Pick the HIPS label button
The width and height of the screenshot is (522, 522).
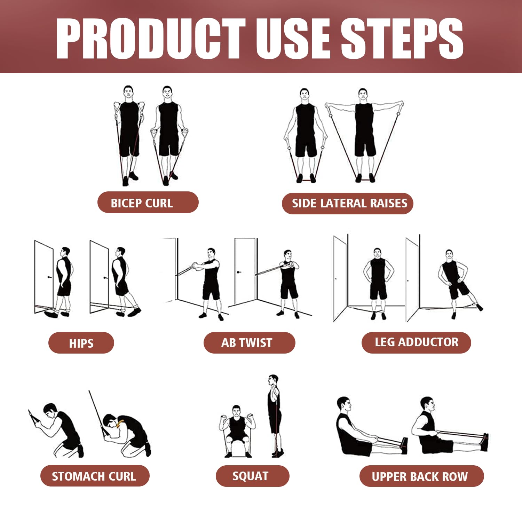[x=81, y=343]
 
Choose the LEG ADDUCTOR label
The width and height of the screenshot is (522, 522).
[x=416, y=342]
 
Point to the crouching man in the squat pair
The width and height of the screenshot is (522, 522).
[x=237, y=432]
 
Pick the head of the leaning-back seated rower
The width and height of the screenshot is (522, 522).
[x=344, y=405]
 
